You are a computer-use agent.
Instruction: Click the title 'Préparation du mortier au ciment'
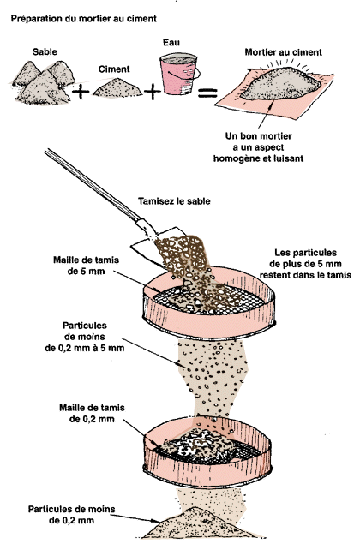pos(84,19)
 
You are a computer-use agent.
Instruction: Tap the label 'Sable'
pos(45,52)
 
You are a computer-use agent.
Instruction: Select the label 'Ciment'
pos(114,69)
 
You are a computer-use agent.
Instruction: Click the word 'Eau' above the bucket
pos(171,43)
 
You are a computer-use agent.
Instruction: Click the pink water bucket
pos(179,74)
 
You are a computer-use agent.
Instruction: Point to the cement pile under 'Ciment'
pos(117,87)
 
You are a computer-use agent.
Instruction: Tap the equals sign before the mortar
pos(207,93)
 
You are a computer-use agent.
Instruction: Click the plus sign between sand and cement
pos(81,93)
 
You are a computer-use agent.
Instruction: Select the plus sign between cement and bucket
pos(152,93)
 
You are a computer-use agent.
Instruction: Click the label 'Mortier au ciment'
pos(284,52)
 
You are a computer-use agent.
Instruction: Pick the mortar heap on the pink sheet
pos(279,83)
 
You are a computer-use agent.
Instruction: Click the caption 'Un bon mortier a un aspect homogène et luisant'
pos(258,147)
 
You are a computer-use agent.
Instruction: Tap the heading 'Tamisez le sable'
pos(174,201)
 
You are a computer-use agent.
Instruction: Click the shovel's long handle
pos(91,184)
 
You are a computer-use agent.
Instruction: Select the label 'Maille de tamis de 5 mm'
pos(86,266)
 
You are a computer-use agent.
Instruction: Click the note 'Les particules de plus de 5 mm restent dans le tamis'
pos(305,264)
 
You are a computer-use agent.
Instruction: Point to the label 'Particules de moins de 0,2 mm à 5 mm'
pos(85,337)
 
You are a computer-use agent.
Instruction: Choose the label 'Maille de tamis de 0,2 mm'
pos(92,413)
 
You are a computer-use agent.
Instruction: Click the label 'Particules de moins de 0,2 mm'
pos(71,515)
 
